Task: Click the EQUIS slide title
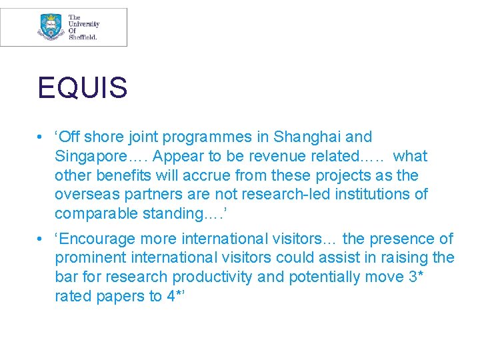point(82,88)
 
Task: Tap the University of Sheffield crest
point(51,27)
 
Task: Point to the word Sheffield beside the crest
point(83,38)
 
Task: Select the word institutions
point(371,195)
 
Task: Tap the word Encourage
point(99,239)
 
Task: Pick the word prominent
point(90,258)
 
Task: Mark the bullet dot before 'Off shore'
point(41,138)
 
